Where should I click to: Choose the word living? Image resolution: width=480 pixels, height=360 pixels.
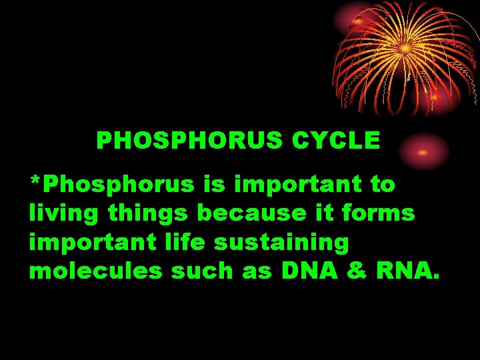[58, 213]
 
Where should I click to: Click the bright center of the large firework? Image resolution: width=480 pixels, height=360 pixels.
[405, 48]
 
